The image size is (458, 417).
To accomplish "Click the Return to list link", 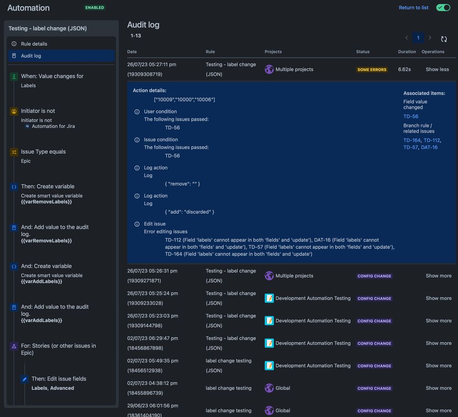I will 414,8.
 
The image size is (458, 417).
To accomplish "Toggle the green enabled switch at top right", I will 443,8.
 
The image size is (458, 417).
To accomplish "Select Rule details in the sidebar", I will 34,44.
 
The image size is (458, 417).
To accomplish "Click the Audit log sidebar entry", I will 31,56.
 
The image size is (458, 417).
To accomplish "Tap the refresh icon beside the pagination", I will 444,39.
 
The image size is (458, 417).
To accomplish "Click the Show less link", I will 437,69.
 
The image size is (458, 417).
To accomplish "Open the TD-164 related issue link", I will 412,141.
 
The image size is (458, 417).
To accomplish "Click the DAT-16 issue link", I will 429,147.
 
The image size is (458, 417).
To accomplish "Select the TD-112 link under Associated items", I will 431,141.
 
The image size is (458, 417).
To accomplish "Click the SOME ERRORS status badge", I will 372,70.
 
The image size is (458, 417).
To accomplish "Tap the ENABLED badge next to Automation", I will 94,8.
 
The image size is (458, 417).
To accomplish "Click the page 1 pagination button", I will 418,38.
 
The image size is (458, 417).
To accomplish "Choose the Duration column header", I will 407,52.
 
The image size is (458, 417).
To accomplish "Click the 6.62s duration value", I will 404,69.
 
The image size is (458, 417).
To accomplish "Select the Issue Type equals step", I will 43,152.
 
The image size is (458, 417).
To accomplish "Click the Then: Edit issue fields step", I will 59,379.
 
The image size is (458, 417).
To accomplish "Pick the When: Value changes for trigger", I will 52,76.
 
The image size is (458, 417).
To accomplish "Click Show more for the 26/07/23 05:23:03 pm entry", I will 438,321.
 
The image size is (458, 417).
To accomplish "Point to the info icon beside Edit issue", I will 137,224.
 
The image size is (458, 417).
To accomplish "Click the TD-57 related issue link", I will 410,147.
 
